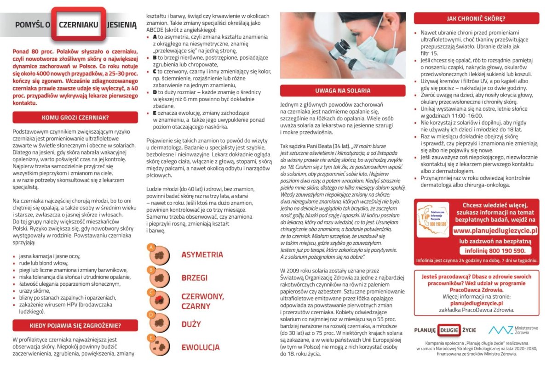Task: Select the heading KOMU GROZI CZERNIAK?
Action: pos(75,117)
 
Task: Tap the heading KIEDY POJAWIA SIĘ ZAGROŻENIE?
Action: pos(75,326)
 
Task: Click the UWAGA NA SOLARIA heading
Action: pos(343,90)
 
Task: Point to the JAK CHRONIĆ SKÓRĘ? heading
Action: pos(476,19)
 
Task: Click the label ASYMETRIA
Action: pos(202,255)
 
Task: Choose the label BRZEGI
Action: pos(194,277)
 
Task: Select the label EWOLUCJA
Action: pos(200,347)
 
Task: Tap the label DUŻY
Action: pos(191,324)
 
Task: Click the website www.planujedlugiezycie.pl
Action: pos(495,231)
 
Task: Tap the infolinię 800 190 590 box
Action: pos(495,251)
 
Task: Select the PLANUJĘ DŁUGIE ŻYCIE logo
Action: pos(445,330)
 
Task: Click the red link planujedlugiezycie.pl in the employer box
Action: pos(476,303)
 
